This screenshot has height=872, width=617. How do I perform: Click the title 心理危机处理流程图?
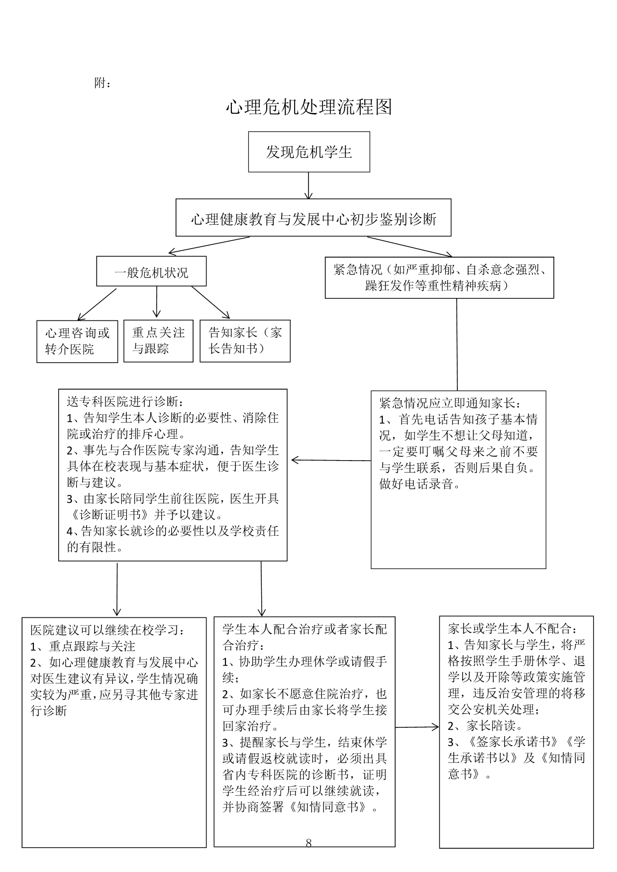tap(309, 107)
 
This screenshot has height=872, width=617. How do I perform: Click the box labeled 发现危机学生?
tap(309, 152)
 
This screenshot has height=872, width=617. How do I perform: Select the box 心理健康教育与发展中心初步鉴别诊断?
tap(313, 218)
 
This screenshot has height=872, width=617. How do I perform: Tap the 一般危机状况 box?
tap(151, 272)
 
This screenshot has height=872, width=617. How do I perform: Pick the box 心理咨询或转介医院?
tap(77, 341)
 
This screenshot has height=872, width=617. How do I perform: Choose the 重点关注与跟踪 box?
tap(158, 341)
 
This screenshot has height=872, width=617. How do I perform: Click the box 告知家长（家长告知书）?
tap(245, 341)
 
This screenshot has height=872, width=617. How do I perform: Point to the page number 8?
tap(308, 843)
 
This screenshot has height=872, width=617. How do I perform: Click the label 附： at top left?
tap(103, 83)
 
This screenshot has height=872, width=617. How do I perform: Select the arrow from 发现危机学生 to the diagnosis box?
tap(309, 186)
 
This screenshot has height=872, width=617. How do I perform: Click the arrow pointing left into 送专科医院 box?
tap(331, 460)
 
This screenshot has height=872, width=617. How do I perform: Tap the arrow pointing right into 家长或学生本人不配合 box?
tap(417, 727)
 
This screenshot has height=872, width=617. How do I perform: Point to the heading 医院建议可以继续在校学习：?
tap(108, 630)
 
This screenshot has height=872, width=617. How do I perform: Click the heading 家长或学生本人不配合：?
tap(513, 629)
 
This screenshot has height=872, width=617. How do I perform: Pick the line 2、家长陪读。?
tap(485, 725)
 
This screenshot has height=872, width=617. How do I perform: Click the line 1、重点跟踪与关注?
tap(83, 646)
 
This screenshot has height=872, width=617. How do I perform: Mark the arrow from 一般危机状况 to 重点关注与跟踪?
tap(157, 302)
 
